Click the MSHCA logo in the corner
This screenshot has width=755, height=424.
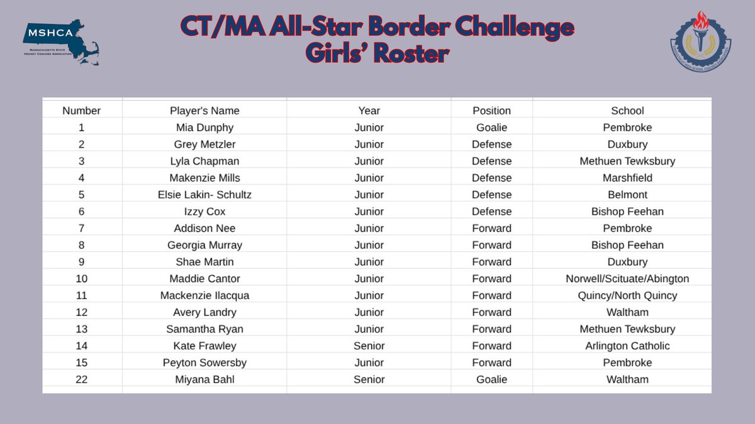pos(60,43)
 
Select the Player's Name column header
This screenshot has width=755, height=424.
pos(204,111)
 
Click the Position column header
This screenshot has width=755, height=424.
pos(491,111)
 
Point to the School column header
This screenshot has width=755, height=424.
pos(627,111)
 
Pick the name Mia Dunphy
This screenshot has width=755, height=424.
pos(204,128)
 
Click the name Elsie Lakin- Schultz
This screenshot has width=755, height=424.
pos(204,195)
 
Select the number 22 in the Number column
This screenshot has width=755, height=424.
pos(81,379)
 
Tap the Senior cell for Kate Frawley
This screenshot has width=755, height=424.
pos(369,345)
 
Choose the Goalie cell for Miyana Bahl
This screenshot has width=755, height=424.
pos(491,379)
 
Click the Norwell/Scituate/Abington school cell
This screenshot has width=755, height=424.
pos(627,278)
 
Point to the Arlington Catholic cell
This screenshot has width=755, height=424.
pos(627,345)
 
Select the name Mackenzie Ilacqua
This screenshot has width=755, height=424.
pos(204,295)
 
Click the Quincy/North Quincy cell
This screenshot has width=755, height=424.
pos(627,295)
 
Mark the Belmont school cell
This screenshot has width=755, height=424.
pos(627,195)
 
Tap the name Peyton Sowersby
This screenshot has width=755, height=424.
pos(204,362)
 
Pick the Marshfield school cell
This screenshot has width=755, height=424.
pos(627,178)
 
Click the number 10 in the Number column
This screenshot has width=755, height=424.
pos(81,278)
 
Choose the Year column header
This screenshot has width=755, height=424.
pos(369,111)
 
